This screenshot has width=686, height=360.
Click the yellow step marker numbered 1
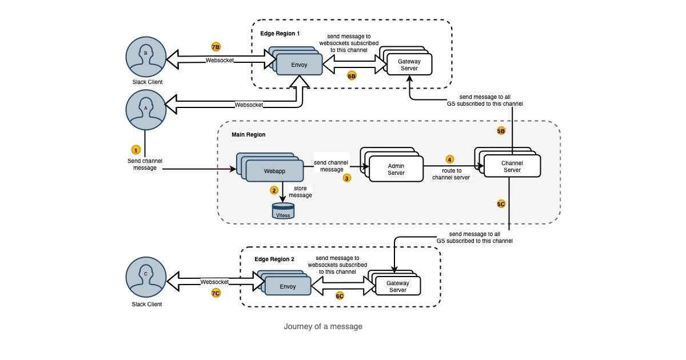click(135, 150)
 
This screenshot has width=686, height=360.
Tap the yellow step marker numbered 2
click(274, 190)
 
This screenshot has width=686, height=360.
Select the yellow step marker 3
click(347, 178)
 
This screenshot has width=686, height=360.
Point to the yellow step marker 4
click(449, 159)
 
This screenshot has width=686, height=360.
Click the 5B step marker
click(501, 131)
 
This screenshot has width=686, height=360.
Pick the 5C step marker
click(501, 204)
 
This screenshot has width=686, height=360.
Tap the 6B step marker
click(352, 75)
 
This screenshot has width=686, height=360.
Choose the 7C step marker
click(216, 293)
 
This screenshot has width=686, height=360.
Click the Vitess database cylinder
click(284, 210)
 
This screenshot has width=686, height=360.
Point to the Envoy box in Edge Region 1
click(299, 65)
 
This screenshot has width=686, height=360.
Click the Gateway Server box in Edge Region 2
click(397, 286)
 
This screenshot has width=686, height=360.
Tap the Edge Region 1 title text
click(280, 34)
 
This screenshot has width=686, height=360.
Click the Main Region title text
click(248, 135)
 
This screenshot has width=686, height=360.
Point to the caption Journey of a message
click(323, 327)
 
